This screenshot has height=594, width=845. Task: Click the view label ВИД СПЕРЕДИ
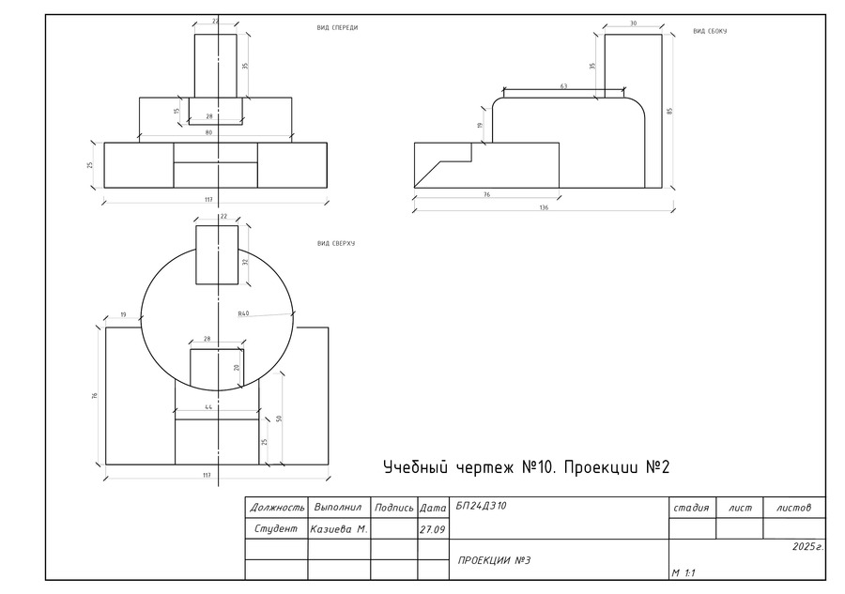point(337,28)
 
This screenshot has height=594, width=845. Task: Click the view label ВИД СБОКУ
point(710,31)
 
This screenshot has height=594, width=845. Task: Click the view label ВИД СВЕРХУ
point(336,244)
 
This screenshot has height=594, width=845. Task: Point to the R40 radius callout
point(243,313)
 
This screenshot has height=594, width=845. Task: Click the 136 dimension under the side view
point(544,207)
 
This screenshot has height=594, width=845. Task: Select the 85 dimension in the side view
point(670,111)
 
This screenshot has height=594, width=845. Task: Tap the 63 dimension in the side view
point(563,86)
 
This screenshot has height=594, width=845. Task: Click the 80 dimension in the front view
point(208,133)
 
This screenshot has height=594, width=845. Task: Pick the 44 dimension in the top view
point(208,406)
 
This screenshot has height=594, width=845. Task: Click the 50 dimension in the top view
point(279,418)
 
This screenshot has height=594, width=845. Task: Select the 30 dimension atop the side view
point(633,23)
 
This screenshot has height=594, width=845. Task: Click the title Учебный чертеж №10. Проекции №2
point(526,467)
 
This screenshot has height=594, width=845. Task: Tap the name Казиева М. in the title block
point(340,529)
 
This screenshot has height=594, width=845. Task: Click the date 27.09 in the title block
point(432,529)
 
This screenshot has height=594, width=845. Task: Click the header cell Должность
point(277,508)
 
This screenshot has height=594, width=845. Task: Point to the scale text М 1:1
point(684,571)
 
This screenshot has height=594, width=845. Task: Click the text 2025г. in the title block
point(807,546)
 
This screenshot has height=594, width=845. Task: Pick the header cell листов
point(793,508)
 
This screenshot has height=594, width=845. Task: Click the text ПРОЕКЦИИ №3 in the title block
point(495,561)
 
